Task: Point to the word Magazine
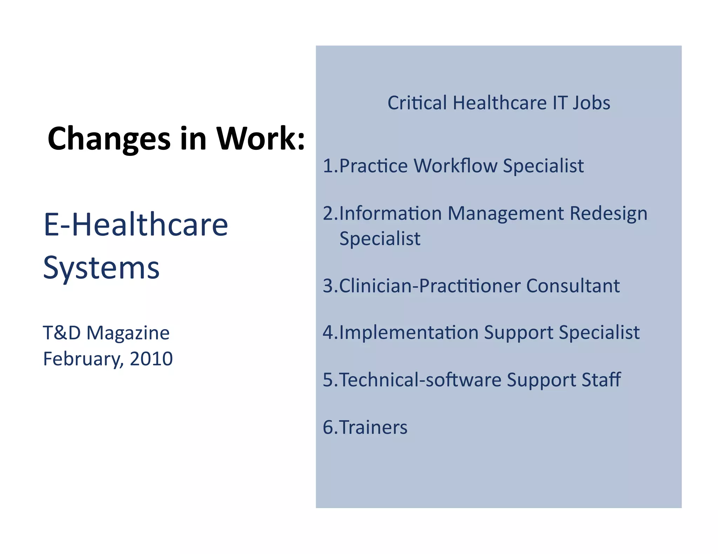[x=128, y=333]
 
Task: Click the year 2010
[x=151, y=359]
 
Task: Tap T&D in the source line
[x=62, y=333]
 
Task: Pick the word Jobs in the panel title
[x=591, y=103]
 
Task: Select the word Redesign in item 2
[x=608, y=214]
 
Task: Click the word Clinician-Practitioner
[x=430, y=286]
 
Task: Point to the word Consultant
[x=573, y=286]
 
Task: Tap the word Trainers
[x=373, y=427]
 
